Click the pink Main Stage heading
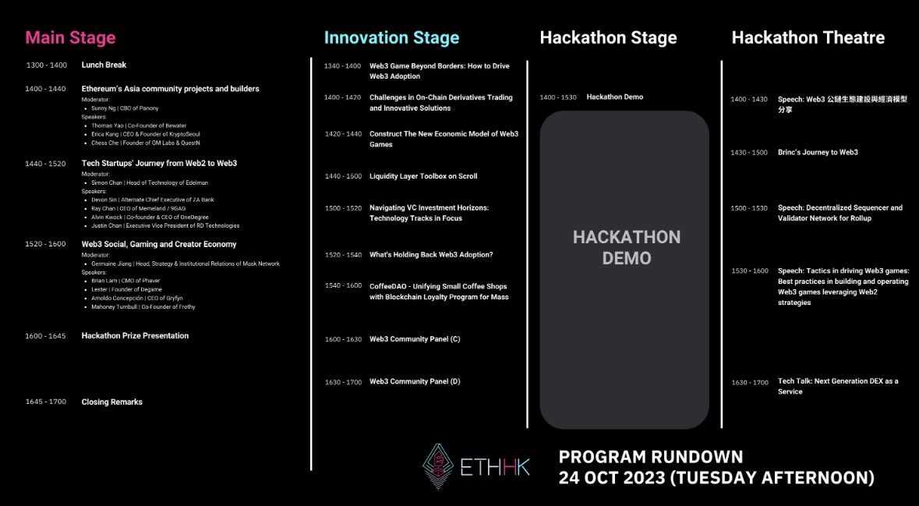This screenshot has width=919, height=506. pyautogui.click(x=70, y=37)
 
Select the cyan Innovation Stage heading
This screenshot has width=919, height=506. pyautogui.click(x=391, y=37)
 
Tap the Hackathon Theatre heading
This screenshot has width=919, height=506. pyautogui.click(x=808, y=37)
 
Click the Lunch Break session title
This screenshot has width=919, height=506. pyautogui.click(x=104, y=65)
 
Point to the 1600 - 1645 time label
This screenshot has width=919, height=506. pyautogui.click(x=46, y=336)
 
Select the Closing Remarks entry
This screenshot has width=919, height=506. pyautogui.click(x=111, y=402)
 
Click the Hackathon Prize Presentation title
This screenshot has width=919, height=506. pyautogui.click(x=135, y=336)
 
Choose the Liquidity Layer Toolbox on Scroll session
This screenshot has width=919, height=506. pyautogui.click(x=423, y=176)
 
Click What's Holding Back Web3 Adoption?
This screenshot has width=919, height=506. pyautogui.click(x=431, y=255)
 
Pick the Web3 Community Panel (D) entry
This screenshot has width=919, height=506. pyautogui.click(x=415, y=382)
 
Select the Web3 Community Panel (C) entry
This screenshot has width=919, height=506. pyautogui.click(x=415, y=339)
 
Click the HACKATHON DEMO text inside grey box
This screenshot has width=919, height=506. pyautogui.click(x=626, y=247)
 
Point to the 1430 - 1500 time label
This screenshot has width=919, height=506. pyautogui.click(x=748, y=153)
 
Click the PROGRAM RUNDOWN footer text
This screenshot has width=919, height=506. pyautogui.click(x=651, y=457)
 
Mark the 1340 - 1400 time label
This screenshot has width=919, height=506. pyautogui.click(x=343, y=66)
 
